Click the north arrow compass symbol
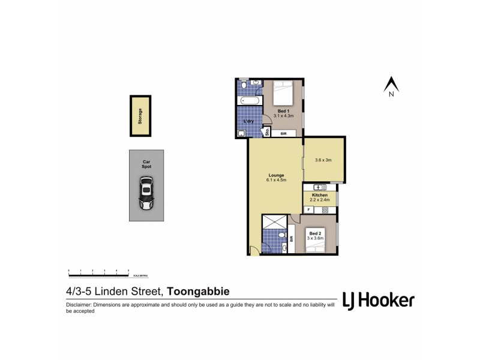tap(391, 86)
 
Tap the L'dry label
tap(249, 122)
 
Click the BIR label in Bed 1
tap(285, 134)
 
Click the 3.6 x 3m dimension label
tap(323, 160)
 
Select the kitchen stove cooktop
tap(325, 210)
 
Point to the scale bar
tap(100, 274)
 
